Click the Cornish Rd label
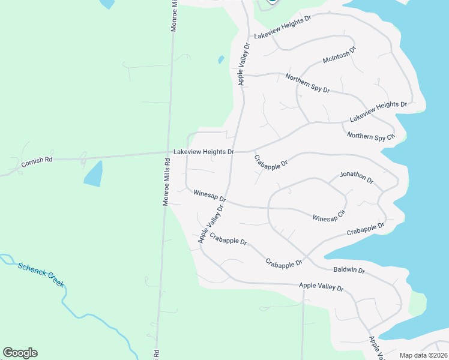37,160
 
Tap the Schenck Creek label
41,274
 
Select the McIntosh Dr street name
339,56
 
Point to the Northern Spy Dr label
308,83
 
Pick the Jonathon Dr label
357,177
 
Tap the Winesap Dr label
209,196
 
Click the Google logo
20,353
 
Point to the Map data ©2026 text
423,355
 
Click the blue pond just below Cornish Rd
93,174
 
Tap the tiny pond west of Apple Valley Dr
221,60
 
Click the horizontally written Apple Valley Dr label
321,288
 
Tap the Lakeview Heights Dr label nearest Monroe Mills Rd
203,152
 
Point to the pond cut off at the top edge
106,4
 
